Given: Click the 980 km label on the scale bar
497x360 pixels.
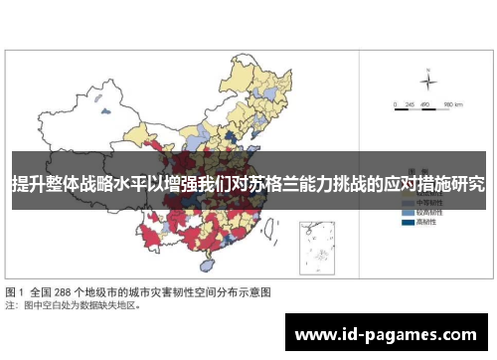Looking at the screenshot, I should pos(453,103).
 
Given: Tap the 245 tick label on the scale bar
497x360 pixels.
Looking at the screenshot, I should pos(408,103).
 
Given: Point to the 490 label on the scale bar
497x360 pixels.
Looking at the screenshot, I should pos(424,103).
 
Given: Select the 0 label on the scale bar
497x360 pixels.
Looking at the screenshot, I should pos(395,103).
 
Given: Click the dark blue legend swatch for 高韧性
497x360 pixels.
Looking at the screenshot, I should pos(407,223).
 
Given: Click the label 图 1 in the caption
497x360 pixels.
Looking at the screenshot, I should pos(17,292).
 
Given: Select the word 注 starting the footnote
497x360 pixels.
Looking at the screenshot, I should pos(10,305).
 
